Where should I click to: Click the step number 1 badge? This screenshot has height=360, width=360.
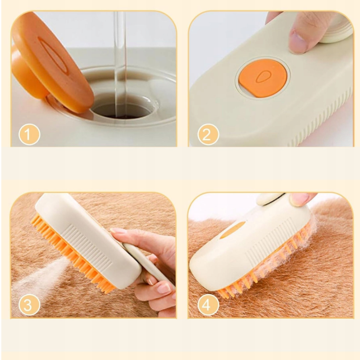point(29,134)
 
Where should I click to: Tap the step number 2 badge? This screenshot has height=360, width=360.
point(208,134)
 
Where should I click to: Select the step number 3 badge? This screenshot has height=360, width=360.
point(29,305)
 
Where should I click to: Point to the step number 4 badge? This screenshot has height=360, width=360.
point(208,305)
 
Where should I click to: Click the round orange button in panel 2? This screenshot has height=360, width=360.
point(262,77)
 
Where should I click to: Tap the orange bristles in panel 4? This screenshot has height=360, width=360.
point(264,276)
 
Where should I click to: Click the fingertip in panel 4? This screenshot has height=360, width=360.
point(299,198)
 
